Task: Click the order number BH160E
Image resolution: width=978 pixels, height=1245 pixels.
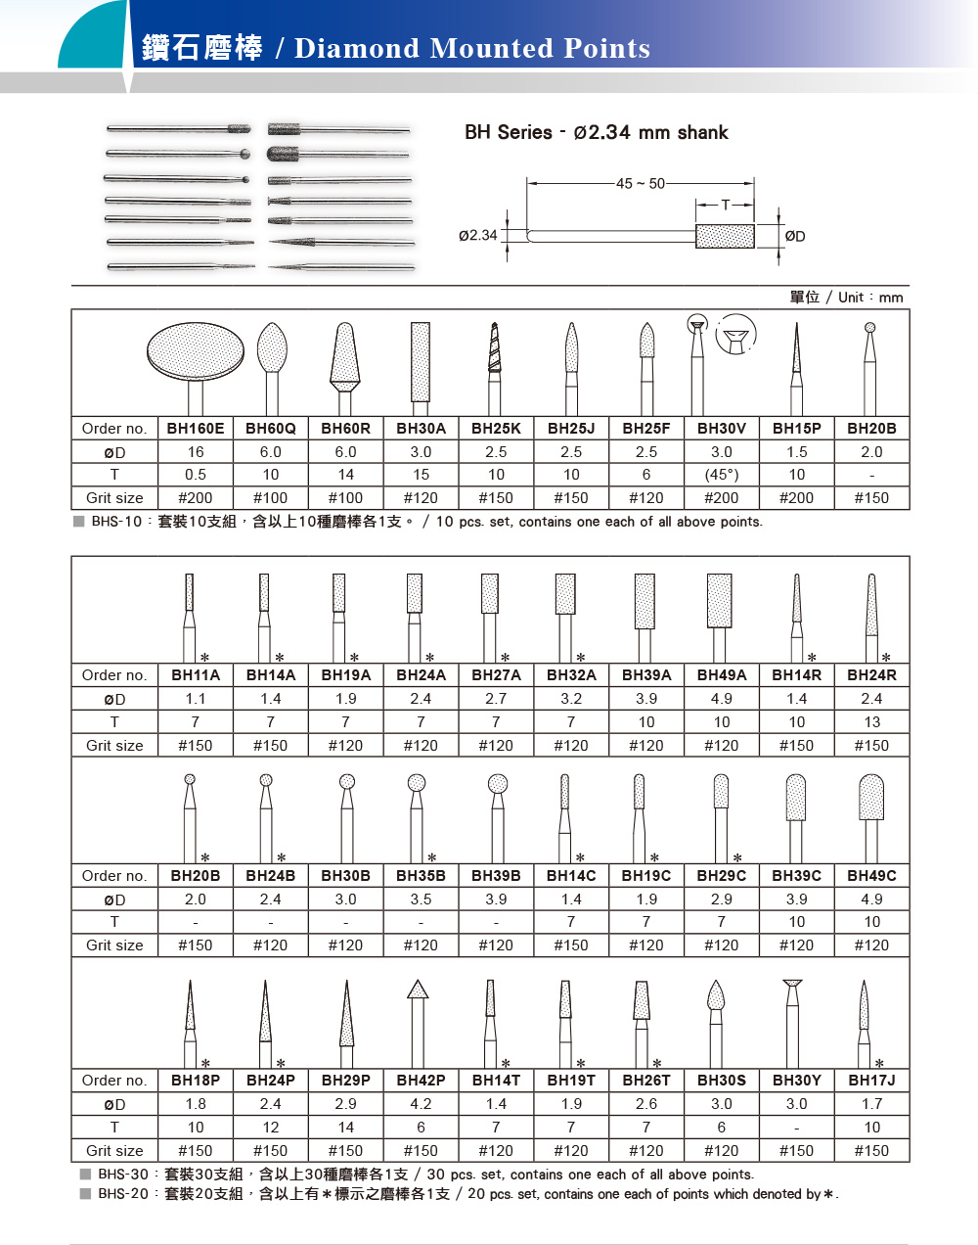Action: tap(196, 428)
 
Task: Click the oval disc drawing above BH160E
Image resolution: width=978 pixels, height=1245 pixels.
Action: tap(196, 351)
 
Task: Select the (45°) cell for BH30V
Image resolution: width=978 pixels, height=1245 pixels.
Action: tap(722, 475)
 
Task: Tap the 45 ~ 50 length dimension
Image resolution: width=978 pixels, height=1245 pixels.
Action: tap(641, 183)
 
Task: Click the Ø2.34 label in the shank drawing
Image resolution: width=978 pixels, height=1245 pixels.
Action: tap(478, 236)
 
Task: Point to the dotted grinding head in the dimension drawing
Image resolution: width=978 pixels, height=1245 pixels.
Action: tap(725, 236)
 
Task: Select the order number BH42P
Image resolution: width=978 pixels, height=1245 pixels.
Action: tap(421, 1081)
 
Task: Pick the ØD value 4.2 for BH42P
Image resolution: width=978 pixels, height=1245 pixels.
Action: tap(421, 1104)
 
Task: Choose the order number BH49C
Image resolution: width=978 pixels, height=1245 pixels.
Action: tap(871, 875)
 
